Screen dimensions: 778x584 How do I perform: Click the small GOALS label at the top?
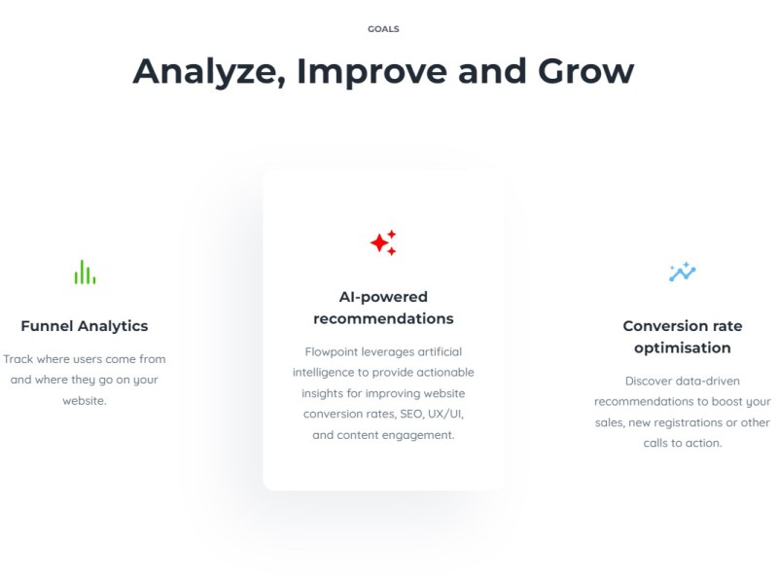[383, 29]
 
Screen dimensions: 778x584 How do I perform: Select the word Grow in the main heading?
[585, 71]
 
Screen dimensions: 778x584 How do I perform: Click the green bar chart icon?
[85, 273]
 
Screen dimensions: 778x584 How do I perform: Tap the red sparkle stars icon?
[383, 242]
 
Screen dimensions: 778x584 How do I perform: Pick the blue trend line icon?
[683, 272]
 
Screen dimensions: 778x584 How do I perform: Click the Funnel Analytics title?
[85, 326]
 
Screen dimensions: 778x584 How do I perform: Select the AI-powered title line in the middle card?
[383, 297]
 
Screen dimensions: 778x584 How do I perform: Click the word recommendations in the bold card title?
[383, 318]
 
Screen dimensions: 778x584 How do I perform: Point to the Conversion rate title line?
[683, 326]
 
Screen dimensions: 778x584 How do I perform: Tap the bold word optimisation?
[683, 348]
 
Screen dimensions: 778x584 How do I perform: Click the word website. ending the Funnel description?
[85, 401]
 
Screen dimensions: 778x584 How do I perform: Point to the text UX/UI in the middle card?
[445, 415]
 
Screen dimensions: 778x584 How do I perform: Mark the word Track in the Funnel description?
[18, 359]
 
